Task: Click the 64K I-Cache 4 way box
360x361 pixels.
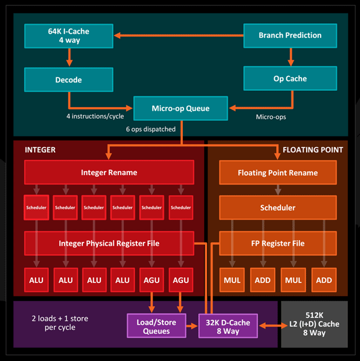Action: click(x=69, y=35)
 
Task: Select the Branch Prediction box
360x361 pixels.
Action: click(x=290, y=35)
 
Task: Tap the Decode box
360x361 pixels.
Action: click(x=69, y=80)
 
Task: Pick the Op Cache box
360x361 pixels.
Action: click(x=290, y=78)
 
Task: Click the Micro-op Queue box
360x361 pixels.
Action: click(x=181, y=108)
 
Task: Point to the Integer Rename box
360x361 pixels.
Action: click(x=109, y=172)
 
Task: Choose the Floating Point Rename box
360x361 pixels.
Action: click(x=278, y=173)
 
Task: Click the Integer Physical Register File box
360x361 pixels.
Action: click(x=109, y=243)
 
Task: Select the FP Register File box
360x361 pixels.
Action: click(x=278, y=243)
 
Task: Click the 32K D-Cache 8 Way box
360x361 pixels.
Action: click(x=228, y=325)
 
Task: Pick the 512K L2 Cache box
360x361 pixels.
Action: click(x=314, y=324)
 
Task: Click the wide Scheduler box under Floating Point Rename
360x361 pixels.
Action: click(x=278, y=208)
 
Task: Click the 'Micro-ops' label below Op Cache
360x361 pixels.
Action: click(x=271, y=117)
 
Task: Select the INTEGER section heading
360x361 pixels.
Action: click(x=40, y=149)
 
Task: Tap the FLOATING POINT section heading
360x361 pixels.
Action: click(x=312, y=149)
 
